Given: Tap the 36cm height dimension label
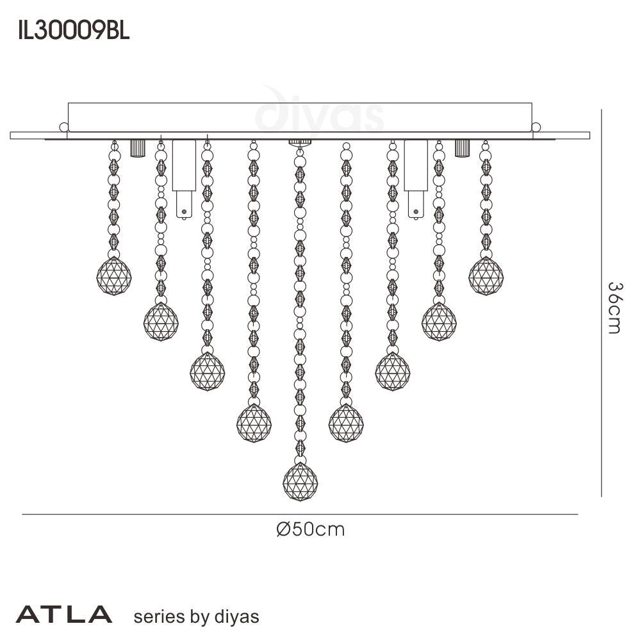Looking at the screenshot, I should pos(613,308).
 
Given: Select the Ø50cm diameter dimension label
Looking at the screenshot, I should pos(310,529).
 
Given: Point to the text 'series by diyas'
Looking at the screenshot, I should pos(195,616).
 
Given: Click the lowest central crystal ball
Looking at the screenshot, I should pos(300,481).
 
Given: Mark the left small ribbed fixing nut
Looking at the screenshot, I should pos(137,148).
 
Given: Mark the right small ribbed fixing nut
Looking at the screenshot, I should pos(461,148).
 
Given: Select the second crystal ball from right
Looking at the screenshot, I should pos(440,320).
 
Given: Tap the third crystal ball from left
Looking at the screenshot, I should pos(207,370).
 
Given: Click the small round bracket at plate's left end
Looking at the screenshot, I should pos(63,127).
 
